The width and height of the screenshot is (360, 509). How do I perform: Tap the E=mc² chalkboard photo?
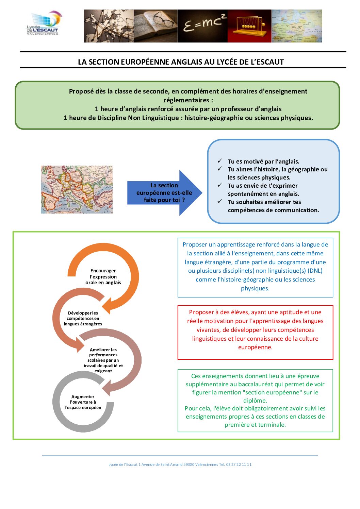pos(203,26)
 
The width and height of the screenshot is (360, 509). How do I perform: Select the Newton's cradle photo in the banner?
pos(249,26)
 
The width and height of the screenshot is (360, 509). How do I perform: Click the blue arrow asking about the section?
pos(165,193)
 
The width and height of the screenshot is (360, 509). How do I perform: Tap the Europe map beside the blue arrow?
pos(77,189)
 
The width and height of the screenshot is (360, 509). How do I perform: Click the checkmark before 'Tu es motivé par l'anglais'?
pos(220,161)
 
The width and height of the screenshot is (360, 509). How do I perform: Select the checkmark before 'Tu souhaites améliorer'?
pos(220,201)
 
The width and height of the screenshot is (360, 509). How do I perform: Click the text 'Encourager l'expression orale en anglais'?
pos(103,276)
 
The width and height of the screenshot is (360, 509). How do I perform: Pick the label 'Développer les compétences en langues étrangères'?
pos(83,318)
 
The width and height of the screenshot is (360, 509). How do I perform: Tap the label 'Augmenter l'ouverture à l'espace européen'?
pos(83,402)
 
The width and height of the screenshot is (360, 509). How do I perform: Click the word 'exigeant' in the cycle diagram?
pos(103,371)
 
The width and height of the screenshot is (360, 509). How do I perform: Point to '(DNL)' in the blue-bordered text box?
pos(315,271)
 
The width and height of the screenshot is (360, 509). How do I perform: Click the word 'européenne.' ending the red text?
pos(255,347)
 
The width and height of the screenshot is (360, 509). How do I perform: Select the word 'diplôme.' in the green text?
pos(255,401)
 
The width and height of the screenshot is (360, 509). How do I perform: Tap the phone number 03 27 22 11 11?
pos(239,464)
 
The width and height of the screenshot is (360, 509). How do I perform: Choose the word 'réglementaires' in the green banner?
pos(186,100)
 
